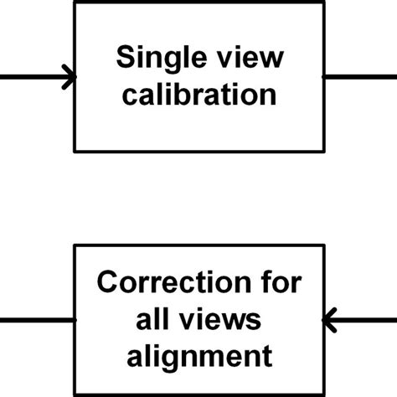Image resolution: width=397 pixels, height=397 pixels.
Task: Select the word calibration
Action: click(x=198, y=94)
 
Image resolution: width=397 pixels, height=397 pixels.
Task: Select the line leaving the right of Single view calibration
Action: click(x=360, y=78)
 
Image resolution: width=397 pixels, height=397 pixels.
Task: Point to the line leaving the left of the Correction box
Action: click(x=38, y=319)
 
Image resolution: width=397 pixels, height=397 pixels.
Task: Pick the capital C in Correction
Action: click(x=106, y=282)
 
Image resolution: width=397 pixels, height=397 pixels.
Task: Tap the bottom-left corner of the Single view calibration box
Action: click(x=76, y=151)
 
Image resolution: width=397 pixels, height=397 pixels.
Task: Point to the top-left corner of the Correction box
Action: click(x=76, y=245)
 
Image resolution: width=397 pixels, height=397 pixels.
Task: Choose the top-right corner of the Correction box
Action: click(x=322, y=245)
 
